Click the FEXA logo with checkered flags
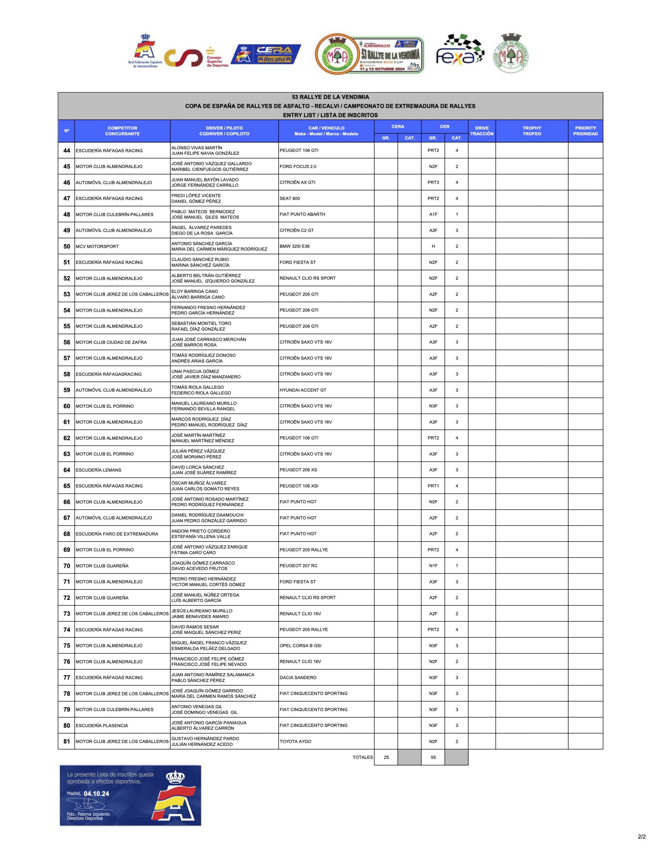point(460,52)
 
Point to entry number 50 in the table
point(67,246)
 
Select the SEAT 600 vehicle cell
point(289,199)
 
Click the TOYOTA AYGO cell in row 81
point(296,742)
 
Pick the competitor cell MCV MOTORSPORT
point(97,246)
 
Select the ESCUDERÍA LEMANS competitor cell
point(98,470)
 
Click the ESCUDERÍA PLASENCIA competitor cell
point(102,725)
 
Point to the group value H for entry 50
point(433,246)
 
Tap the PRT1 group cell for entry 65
point(433,486)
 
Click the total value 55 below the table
point(433,757)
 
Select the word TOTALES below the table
point(362,757)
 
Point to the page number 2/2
point(642,848)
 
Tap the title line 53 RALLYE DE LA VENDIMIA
point(330,97)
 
